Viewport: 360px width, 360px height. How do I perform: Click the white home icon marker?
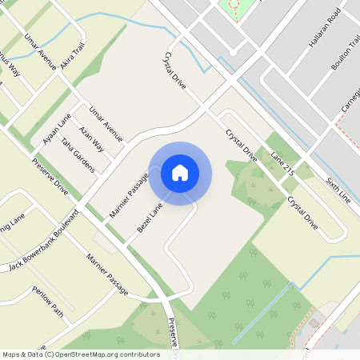tap(180, 173)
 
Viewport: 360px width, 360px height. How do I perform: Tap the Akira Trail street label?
tap(72, 58)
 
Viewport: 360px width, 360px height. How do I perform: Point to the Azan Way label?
tap(91, 138)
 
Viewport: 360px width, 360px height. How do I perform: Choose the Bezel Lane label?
tap(149, 217)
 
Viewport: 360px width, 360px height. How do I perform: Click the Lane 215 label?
tap(283, 162)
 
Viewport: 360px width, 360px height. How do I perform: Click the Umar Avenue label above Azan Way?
tap(106, 124)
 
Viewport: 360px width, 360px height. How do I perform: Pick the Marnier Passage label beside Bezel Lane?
tap(129, 194)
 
